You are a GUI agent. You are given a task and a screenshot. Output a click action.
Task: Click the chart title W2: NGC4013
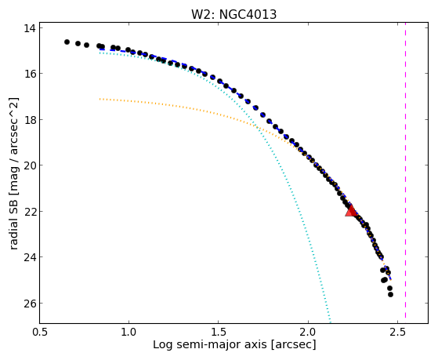point(233,14)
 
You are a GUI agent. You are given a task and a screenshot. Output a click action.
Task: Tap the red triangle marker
point(351,211)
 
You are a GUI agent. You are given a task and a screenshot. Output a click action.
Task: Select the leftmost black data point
point(67,42)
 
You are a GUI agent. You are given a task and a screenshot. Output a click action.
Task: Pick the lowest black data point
point(390,295)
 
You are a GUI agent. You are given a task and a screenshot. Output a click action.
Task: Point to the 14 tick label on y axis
point(30,28)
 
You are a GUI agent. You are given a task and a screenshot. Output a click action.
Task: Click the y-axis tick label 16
point(30,74)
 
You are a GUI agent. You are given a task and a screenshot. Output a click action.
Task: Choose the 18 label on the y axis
point(30,120)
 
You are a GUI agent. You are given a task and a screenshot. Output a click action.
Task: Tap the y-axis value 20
point(30,165)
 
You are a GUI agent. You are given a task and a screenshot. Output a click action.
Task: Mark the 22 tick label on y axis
point(30,211)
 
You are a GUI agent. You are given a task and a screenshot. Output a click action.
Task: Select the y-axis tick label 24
point(30,257)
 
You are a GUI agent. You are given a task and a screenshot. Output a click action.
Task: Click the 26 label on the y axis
point(30,304)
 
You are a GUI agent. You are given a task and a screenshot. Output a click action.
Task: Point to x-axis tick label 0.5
point(40,332)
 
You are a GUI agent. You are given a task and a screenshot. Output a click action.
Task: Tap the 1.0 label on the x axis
point(129,332)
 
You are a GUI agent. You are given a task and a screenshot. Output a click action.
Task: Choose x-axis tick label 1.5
point(219,332)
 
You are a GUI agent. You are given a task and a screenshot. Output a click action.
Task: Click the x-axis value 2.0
point(308,332)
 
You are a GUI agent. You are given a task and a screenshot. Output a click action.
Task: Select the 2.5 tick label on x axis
point(397,332)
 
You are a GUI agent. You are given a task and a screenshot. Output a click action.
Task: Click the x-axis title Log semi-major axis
point(209,345)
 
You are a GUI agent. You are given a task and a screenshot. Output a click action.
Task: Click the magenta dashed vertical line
point(405,173)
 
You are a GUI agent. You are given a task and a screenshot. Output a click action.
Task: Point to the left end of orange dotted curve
point(100,99)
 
